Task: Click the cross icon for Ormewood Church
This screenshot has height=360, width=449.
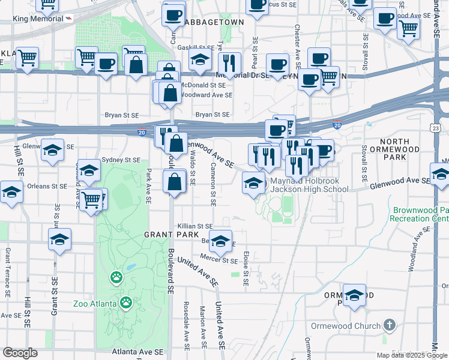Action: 390,326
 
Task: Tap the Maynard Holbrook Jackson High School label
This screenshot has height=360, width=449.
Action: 309,185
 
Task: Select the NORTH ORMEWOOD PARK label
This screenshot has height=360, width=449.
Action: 394,149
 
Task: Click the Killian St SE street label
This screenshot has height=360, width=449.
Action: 195,226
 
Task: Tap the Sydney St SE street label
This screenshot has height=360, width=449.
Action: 121,160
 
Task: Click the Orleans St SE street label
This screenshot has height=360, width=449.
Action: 46,186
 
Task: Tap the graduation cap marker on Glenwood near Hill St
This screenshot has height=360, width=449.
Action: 53,151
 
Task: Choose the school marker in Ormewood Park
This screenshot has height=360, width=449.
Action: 355,295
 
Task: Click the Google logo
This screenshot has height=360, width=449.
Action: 20,353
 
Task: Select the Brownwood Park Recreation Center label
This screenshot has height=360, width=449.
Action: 420,215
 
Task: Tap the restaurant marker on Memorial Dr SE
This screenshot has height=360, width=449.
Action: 229,62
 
